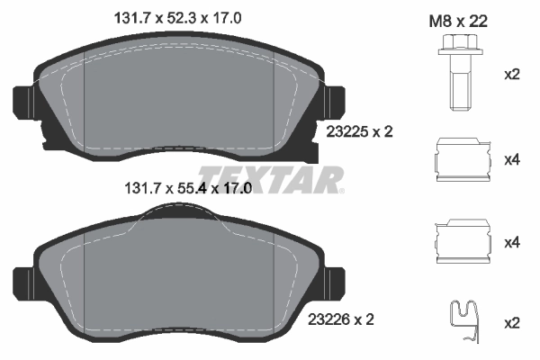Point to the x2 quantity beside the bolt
click(x=512, y=75)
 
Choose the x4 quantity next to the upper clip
click(x=512, y=160)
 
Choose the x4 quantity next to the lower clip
click(x=512, y=243)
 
